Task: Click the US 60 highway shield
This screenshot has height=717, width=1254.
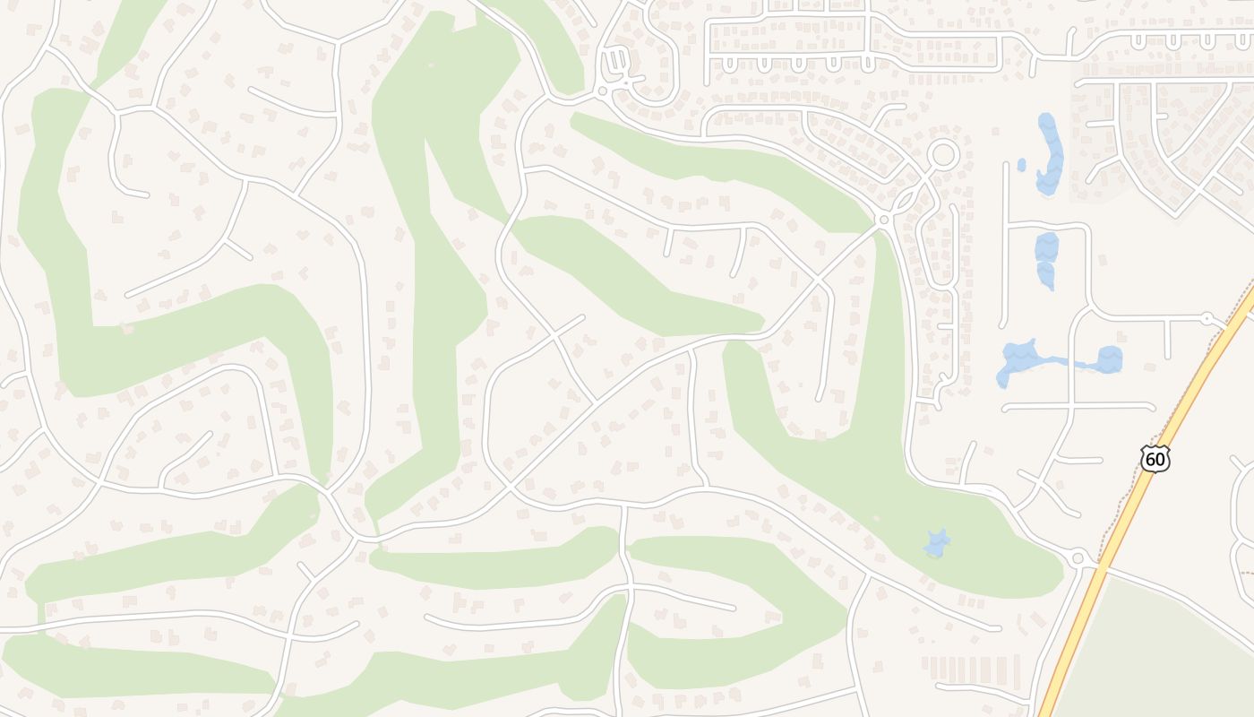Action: tap(1155, 459)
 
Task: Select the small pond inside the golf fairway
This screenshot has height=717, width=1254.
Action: tap(937, 543)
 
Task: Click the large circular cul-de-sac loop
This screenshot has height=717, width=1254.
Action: tap(942, 155)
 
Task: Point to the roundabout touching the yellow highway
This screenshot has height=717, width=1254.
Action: tap(1078, 557)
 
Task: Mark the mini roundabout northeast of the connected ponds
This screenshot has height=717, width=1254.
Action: tap(1207, 318)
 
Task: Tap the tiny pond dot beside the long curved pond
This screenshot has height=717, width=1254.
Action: tap(1022, 165)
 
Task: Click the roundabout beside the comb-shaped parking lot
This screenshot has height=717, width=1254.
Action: tap(602, 91)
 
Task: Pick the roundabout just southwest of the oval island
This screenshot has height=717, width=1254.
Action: tap(884, 219)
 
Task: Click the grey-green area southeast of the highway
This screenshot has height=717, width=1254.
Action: tap(1164, 654)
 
